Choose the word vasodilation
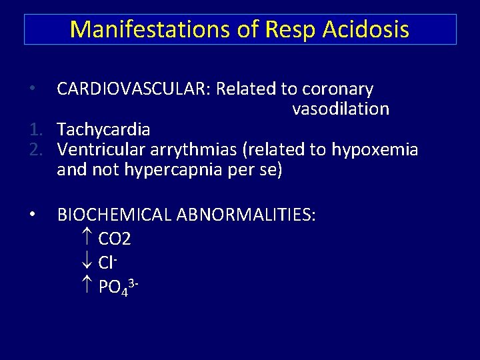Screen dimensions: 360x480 click(x=340, y=109)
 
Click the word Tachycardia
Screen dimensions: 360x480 click(x=103, y=129)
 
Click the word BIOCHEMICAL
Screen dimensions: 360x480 click(x=114, y=215)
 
